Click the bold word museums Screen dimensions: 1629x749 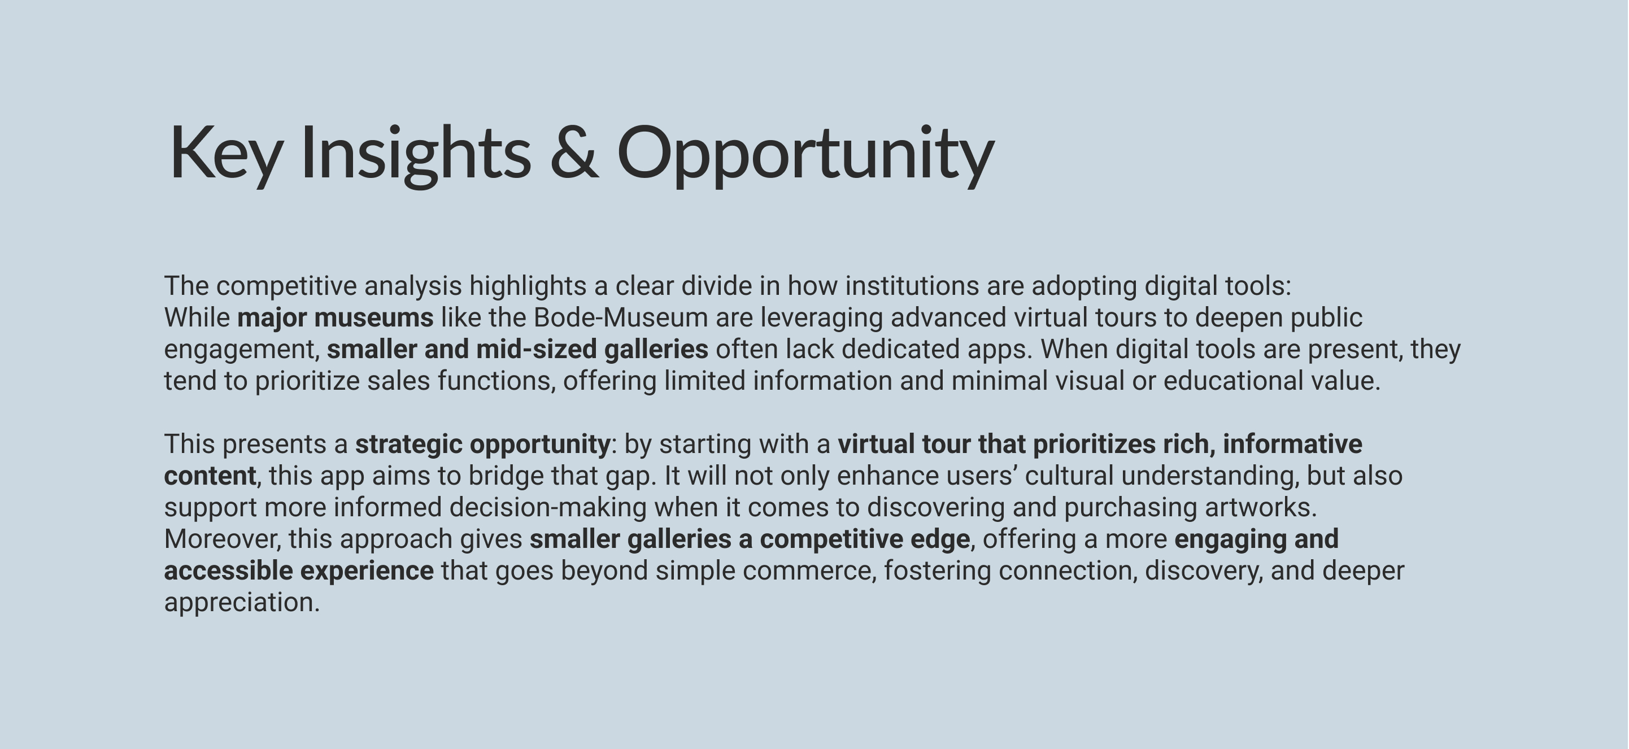[374, 317]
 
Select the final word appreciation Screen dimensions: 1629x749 [242, 603]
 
